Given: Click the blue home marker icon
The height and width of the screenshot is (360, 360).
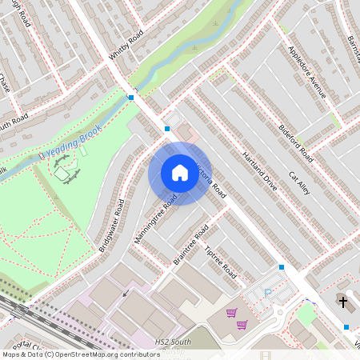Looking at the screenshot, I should point(180,173).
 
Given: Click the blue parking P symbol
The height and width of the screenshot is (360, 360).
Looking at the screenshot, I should point(267,293).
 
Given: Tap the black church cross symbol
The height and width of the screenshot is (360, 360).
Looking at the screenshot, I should point(342,302).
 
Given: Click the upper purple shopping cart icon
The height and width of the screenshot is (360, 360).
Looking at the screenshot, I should point(231,313).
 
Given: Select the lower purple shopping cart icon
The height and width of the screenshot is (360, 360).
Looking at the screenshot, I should point(242,324).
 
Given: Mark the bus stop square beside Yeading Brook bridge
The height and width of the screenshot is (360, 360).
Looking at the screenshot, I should point(130,98).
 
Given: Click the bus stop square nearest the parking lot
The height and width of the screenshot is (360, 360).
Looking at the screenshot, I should point(282,266).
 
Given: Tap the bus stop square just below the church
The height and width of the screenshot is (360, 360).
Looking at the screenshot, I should point(346,326).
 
